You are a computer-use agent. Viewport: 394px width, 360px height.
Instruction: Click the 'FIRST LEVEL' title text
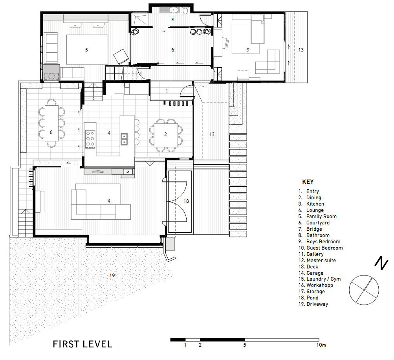click(82, 344)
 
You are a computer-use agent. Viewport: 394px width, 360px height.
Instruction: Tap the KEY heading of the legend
click(308, 182)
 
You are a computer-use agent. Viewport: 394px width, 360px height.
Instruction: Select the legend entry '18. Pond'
click(308, 298)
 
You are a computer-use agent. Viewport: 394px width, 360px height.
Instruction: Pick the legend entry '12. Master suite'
click(317, 261)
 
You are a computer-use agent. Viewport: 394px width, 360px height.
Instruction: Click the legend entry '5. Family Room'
click(317, 217)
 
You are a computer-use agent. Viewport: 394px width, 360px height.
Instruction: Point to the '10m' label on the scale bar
click(321, 345)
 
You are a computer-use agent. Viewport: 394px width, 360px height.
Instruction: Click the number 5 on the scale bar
click(244, 345)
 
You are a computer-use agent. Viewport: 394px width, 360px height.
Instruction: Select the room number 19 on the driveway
click(112, 275)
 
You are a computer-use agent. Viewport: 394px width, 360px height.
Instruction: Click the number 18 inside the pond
click(186, 201)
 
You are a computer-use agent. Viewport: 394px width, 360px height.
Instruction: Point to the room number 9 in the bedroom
click(248, 50)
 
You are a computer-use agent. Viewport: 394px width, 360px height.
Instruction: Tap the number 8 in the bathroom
click(172, 19)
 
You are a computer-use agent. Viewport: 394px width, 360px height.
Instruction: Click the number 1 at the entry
click(167, 91)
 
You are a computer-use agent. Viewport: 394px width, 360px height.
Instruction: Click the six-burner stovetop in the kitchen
click(90, 139)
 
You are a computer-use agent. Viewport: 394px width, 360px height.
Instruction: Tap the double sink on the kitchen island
click(124, 139)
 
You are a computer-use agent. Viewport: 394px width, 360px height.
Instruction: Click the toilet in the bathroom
click(185, 11)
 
